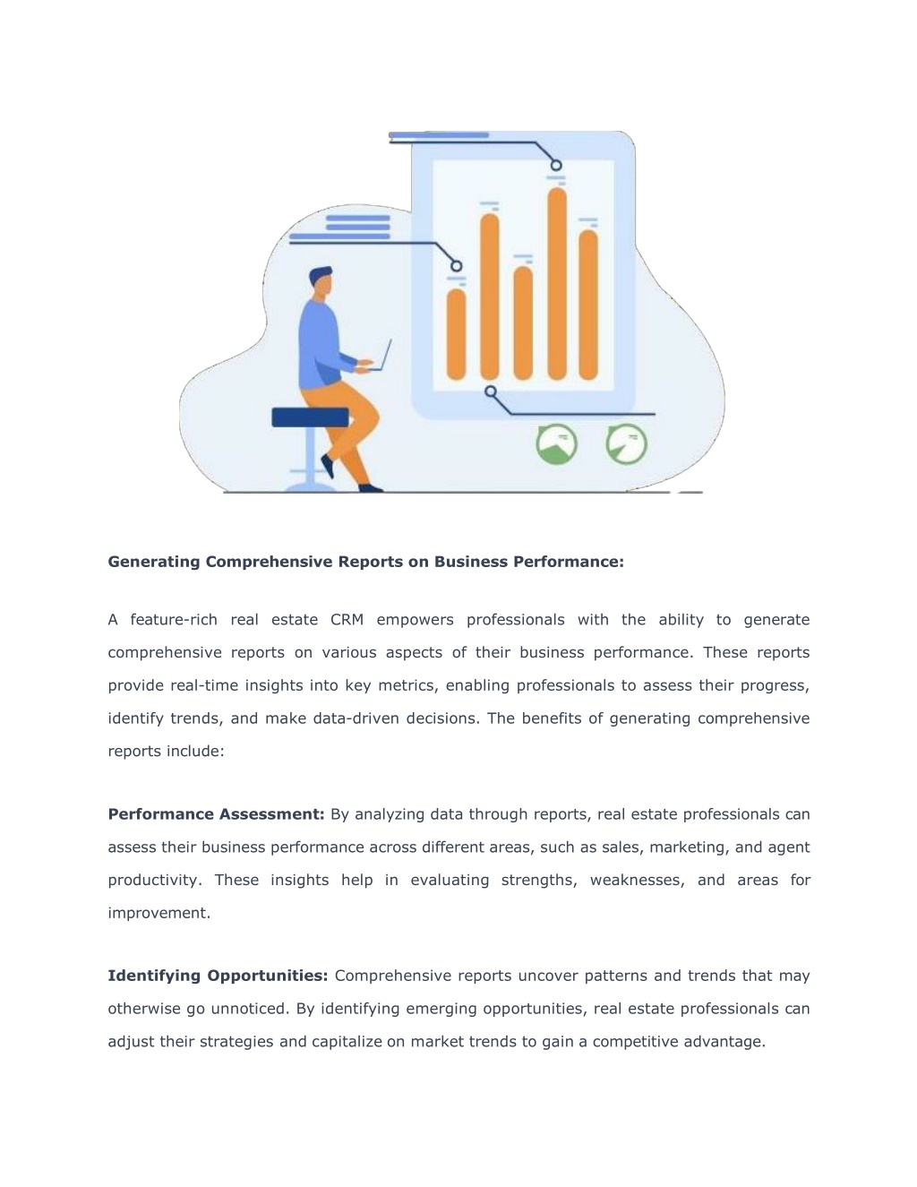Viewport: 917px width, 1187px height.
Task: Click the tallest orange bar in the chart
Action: pos(557,283)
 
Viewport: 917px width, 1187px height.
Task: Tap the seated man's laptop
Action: pos(380,356)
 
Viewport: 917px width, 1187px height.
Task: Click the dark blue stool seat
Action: pos(310,417)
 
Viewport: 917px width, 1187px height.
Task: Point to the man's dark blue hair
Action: pos(320,275)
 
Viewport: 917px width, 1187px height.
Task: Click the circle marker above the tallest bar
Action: pos(556,165)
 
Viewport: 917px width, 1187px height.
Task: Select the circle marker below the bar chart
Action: pos(491,391)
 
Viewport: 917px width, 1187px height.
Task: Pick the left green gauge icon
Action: pos(557,444)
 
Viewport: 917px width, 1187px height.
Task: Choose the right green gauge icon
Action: pos(627,444)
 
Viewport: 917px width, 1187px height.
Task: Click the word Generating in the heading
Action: pos(154,562)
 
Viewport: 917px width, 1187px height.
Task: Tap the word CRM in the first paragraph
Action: pos(347,619)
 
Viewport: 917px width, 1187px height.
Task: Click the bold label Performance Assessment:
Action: pos(216,814)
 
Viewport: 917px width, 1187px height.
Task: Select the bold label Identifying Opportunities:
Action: pos(218,976)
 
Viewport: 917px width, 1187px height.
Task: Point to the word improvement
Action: pos(159,914)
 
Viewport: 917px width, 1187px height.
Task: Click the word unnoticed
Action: pos(250,1009)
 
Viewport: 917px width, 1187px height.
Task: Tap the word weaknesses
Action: pos(638,880)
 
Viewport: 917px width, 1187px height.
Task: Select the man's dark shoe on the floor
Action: pos(371,488)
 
